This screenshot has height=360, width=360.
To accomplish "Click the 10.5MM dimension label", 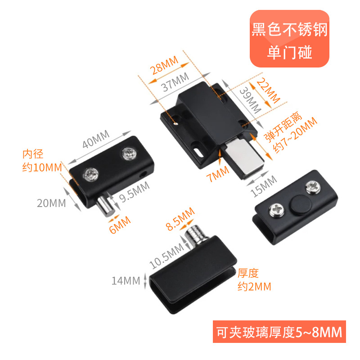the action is (166, 255).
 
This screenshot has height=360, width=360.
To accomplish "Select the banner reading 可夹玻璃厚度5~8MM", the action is (279, 333).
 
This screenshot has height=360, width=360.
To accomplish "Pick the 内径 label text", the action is (33, 154).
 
